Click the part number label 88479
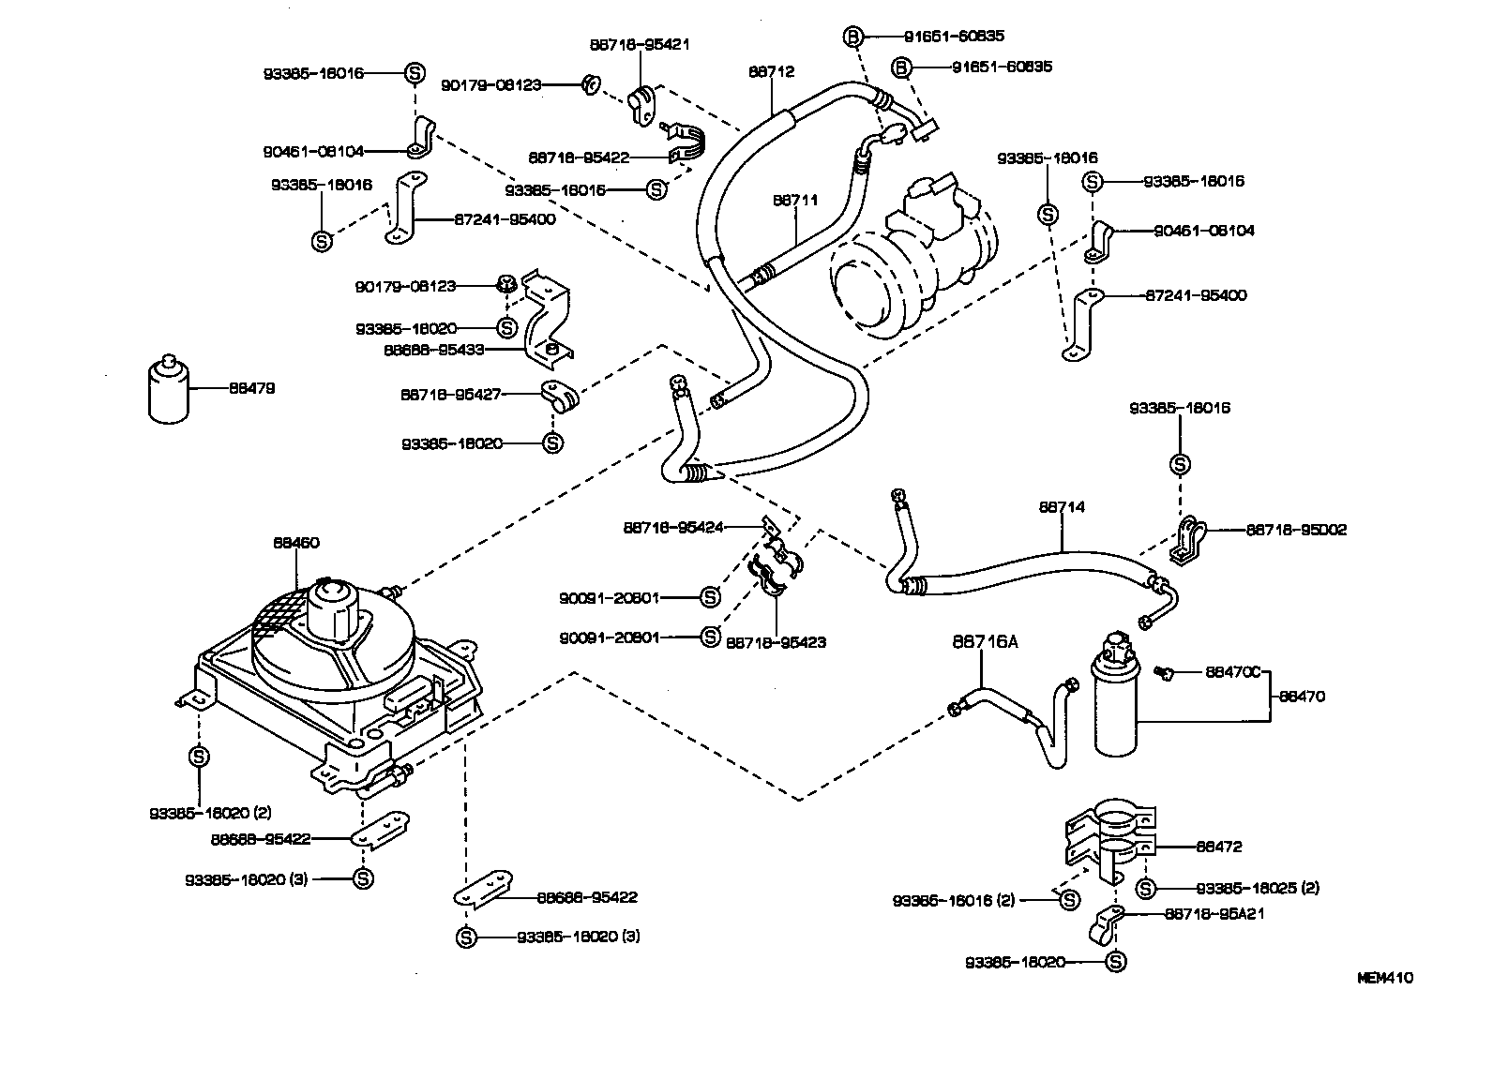pos(252,387)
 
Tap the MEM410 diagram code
pos(1385,978)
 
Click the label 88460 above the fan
pos(296,542)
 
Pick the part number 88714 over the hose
pos(1062,507)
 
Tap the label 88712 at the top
pos(772,71)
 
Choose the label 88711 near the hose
pos(796,200)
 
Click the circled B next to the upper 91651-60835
pos(853,37)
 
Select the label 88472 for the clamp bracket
pos(1219,847)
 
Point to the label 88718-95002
pos(1296,530)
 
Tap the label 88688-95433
pos(433,350)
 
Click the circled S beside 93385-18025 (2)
pos(1144,888)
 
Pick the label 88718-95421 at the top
pos(640,44)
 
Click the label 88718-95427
pos(451,395)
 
